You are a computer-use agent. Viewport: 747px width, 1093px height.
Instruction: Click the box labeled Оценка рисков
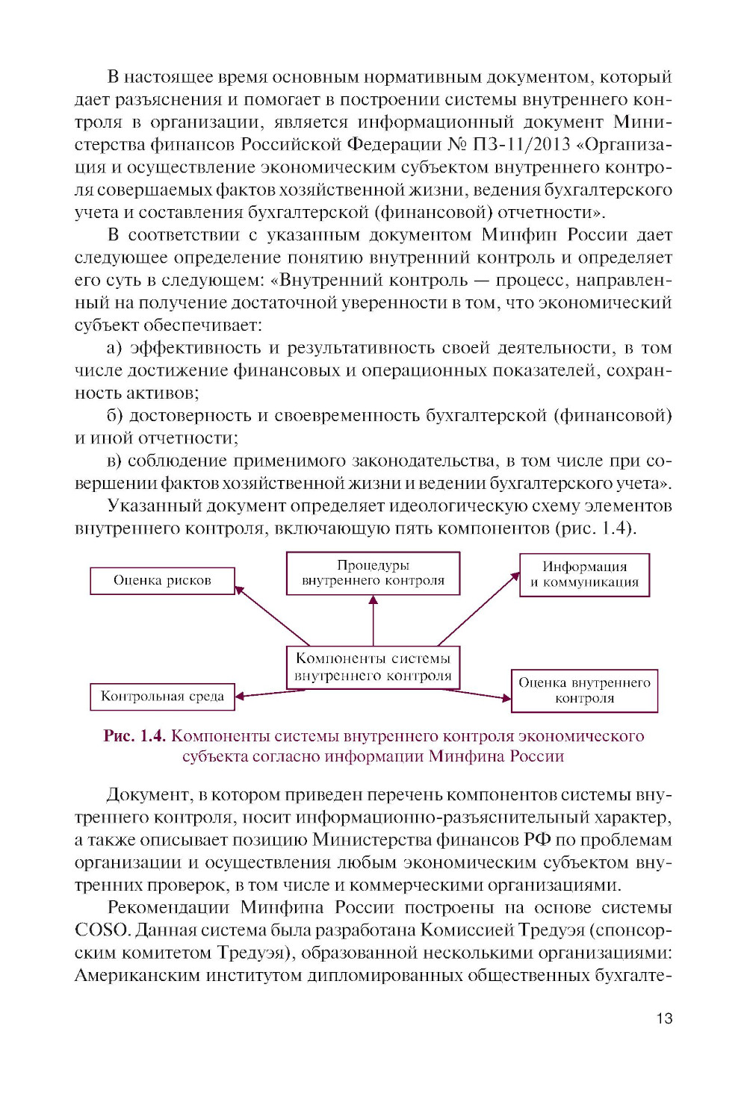(x=162, y=581)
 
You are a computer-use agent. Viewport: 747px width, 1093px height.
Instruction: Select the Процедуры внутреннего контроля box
(x=373, y=573)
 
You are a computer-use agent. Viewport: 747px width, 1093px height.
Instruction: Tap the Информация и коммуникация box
(x=584, y=575)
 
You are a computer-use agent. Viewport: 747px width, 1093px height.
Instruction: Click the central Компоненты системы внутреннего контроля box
(x=373, y=667)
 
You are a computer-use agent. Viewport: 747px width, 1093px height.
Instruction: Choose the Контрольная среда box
(x=162, y=697)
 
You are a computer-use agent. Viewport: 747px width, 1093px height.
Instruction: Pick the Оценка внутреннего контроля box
(x=584, y=691)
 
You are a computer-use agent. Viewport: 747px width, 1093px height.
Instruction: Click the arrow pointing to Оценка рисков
(x=273, y=616)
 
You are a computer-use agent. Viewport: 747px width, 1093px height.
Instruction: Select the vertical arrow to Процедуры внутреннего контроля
(x=373, y=620)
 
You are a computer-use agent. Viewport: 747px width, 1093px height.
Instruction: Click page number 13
(x=664, y=1018)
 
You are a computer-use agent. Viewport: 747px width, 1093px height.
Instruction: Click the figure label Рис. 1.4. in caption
(x=134, y=736)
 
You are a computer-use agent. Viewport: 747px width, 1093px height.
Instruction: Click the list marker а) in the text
(x=114, y=348)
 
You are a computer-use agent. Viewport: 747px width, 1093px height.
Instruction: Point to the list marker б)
(x=114, y=416)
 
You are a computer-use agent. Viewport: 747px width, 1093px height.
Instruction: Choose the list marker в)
(x=114, y=461)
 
